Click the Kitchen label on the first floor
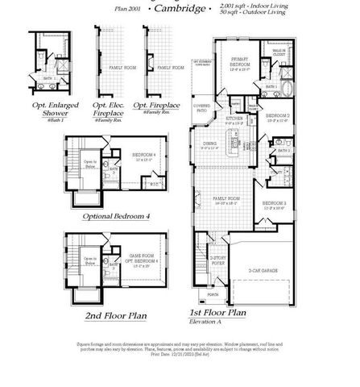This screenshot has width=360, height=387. point(234,119)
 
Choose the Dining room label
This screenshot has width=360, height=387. point(212,146)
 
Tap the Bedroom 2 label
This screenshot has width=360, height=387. point(277,117)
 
